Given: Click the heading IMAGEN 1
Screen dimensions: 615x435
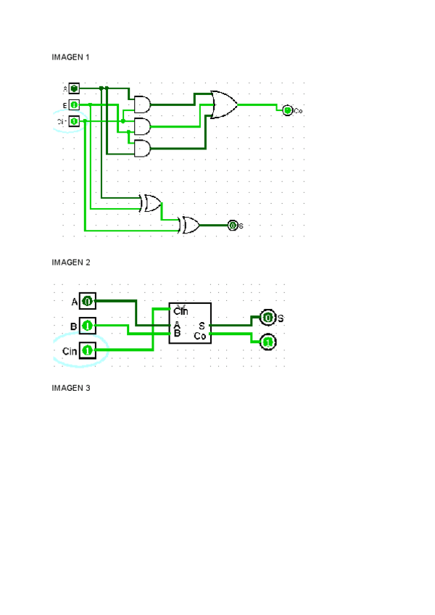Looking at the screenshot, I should click(71, 57).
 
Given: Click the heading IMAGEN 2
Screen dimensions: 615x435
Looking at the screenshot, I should click(71, 262).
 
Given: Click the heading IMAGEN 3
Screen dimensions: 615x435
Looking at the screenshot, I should click(71, 388).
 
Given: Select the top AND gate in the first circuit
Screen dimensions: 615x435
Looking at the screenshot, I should click(142, 104).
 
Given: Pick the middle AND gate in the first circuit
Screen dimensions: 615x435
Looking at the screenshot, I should click(142, 127).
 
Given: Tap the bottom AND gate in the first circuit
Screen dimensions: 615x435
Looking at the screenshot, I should click(142, 149).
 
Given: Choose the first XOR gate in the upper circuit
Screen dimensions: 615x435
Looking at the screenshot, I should click(151, 203).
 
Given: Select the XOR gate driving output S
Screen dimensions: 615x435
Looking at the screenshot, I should click(190, 225).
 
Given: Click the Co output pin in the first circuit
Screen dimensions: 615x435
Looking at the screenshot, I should click(287, 110).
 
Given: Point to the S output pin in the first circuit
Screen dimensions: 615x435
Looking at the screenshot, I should click(233, 225).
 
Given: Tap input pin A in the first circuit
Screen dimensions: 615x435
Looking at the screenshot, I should click(74, 88).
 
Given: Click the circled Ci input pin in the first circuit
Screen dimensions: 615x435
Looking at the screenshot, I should click(74, 121).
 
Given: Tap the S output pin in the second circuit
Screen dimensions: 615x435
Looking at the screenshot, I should click(268, 318).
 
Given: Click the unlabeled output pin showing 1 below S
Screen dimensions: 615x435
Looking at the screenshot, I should click(268, 342).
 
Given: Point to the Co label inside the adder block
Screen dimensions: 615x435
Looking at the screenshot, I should click(201, 336).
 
